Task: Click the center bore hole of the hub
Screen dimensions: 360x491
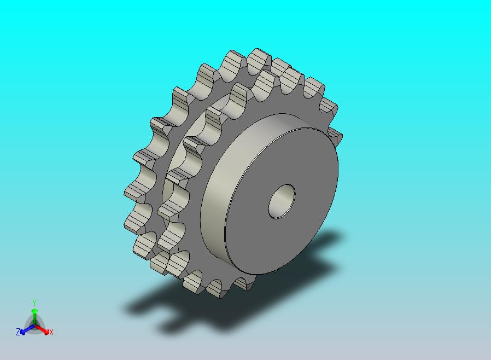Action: [x=282, y=201]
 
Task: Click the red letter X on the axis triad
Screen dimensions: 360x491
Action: [x=51, y=332]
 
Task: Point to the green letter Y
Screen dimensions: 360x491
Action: [x=34, y=303]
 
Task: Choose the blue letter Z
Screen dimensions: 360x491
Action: [x=18, y=332]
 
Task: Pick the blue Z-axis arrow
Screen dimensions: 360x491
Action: [x=25, y=330]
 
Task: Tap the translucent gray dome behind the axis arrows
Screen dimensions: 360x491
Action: [x=34, y=322]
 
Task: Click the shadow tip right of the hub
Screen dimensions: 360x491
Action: [x=334, y=241]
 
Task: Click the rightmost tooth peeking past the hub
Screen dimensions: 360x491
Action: [x=335, y=137]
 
